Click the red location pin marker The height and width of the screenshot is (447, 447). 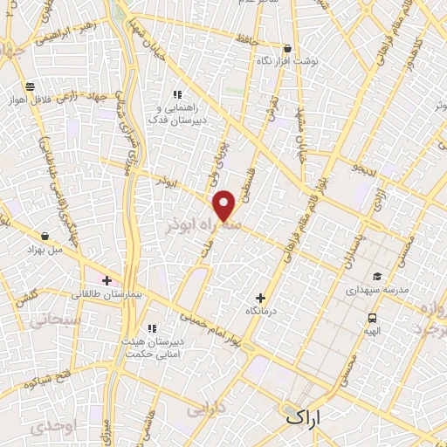coord(224,206)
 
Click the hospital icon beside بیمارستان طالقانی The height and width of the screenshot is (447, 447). coord(107,280)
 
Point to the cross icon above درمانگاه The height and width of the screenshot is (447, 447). coord(260,298)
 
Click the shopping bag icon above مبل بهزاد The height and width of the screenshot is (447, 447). coord(45,235)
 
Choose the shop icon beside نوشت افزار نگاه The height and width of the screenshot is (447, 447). coord(287,49)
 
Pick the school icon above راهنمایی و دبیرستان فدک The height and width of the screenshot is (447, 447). coord(177,94)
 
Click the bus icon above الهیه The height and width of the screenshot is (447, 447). coord(372,318)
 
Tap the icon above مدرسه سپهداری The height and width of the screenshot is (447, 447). coord(377,275)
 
